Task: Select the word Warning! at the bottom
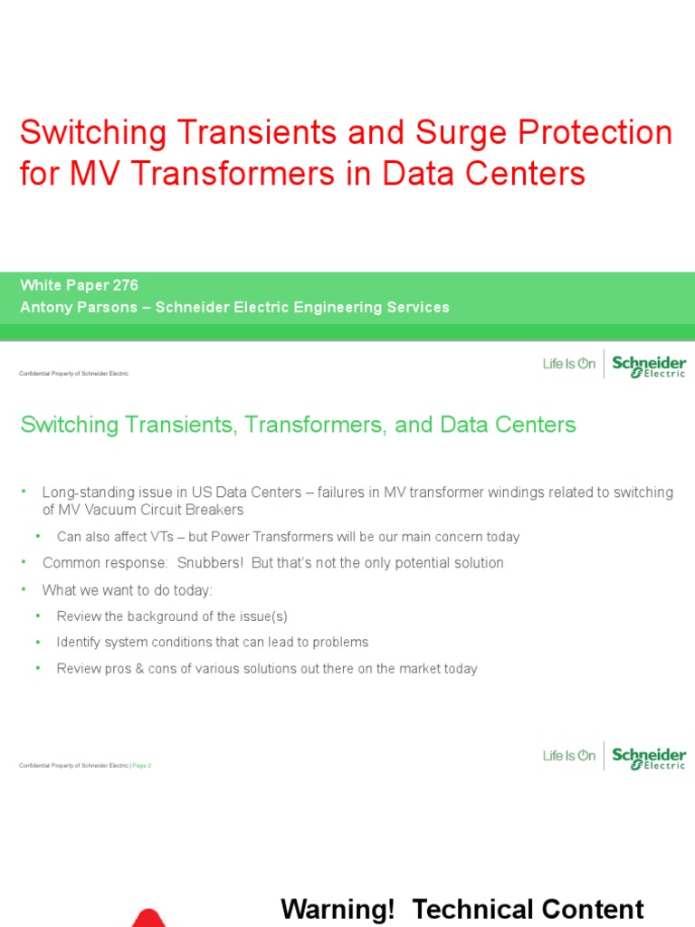point(338,909)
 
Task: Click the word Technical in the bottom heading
point(470,909)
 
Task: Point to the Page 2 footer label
point(142,766)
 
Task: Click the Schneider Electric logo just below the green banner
point(649,366)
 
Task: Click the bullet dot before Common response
point(24,563)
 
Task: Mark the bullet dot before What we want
point(24,590)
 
